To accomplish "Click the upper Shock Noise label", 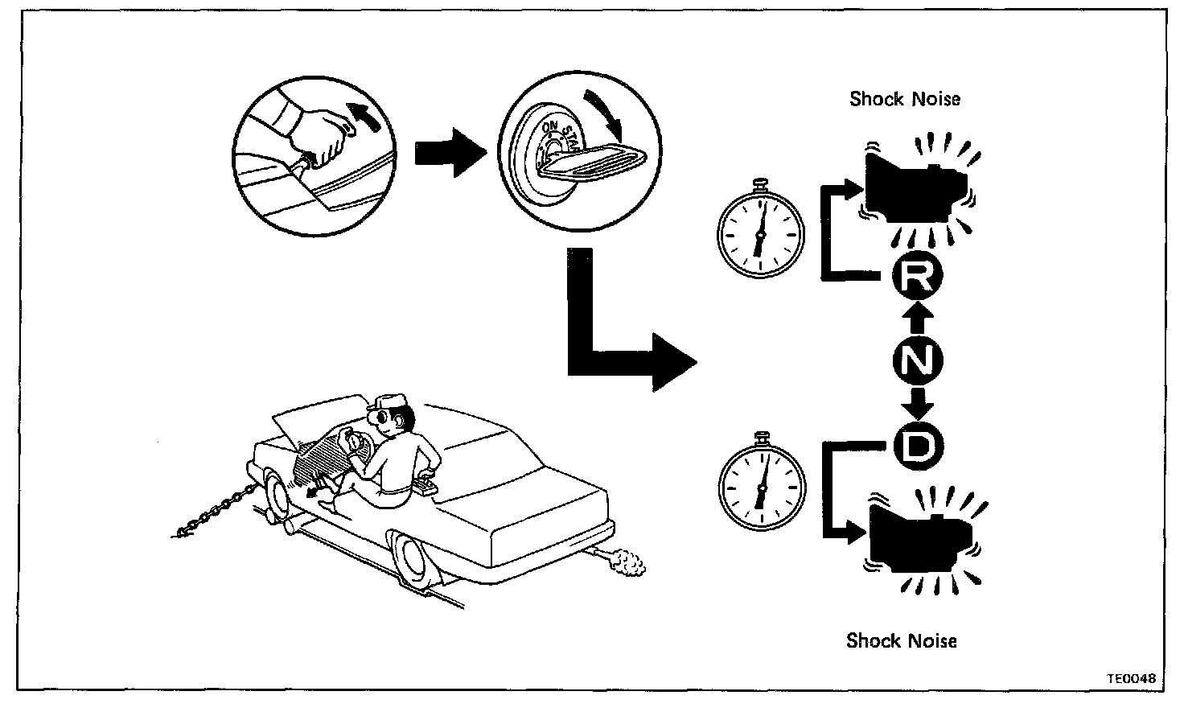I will point(905,99).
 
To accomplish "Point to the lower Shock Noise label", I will point(902,640).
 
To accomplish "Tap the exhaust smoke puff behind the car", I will point(628,563).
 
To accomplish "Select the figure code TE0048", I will point(1130,678).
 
